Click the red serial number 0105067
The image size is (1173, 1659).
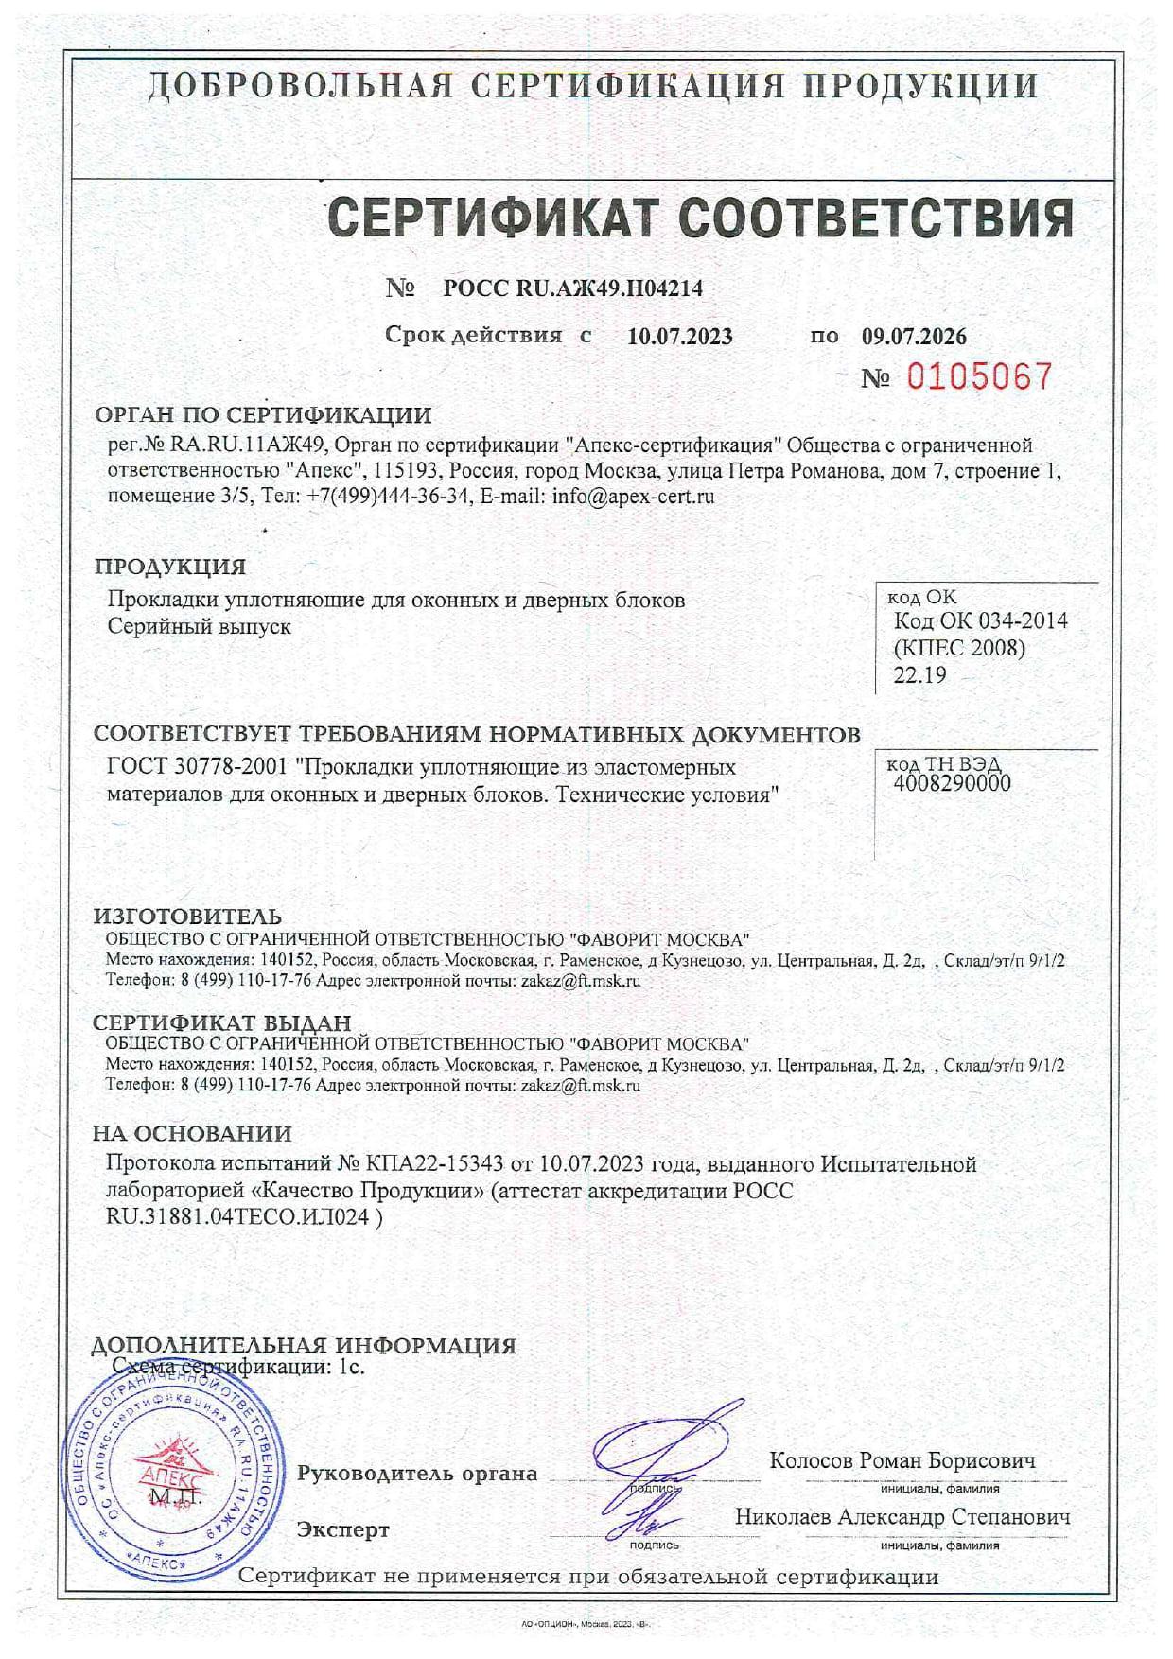tap(979, 377)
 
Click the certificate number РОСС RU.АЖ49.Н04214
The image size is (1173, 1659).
tap(572, 288)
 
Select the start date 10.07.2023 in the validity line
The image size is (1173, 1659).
tap(679, 337)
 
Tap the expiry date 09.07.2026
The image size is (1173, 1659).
tap(913, 337)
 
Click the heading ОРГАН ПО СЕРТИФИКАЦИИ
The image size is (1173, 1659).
tap(263, 415)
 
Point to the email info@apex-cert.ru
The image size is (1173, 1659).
tap(633, 496)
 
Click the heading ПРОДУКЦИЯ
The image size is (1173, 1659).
tap(170, 567)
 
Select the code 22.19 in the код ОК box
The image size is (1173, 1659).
tap(919, 675)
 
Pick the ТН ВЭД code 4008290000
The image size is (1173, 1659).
tap(952, 783)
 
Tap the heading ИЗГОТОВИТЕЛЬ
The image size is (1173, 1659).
tap(187, 917)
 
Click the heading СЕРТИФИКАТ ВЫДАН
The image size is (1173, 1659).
tap(221, 1022)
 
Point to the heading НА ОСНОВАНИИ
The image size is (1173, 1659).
tap(192, 1133)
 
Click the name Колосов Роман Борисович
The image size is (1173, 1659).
tap(902, 1461)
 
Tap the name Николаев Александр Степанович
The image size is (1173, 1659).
tap(902, 1517)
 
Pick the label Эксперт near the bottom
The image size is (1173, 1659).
tap(342, 1530)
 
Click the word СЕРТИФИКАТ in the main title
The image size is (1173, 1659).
tap(492, 218)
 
